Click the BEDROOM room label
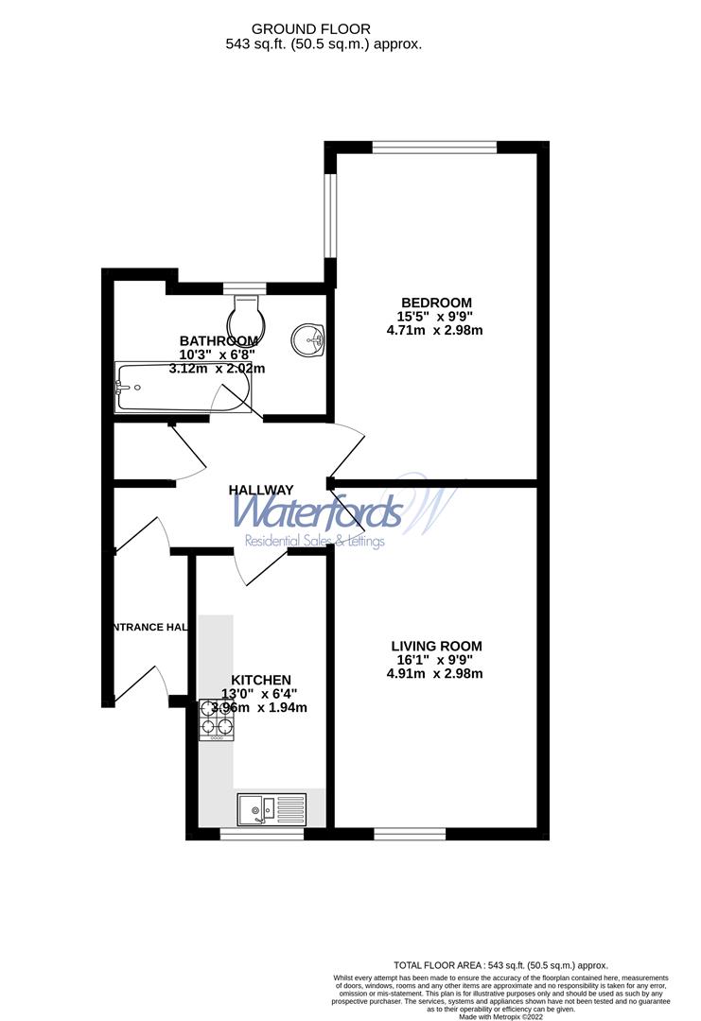[x=434, y=303]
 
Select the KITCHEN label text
[x=261, y=680]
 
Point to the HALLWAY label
[x=261, y=490]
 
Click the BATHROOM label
[x=219, y=341]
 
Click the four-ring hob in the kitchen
[x=216, y=718]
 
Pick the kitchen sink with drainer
[x=272, y=809]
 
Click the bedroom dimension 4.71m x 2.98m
[x=434, y=331]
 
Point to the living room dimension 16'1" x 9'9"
[x=434, y=660]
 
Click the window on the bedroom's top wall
[x=434, y=147]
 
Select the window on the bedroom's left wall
[x=330, y=216]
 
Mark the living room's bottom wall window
[x=410, y=833]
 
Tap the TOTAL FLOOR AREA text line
[x=500, y=965]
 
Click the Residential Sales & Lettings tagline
[x=315, y=542]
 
